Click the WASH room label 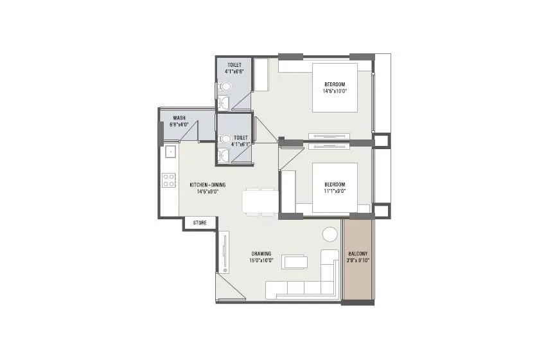[179, 118]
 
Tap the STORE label [200, 222]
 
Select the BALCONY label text [357, 255]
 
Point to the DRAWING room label [261, 253]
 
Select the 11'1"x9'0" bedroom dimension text [335, 190]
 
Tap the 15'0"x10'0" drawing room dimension [261, 260]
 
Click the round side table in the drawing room [330, 234]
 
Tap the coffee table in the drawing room [295, 262]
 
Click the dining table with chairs [260, 201]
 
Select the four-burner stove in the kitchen [169, 180]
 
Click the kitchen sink [170, 153]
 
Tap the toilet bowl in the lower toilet [225, 139]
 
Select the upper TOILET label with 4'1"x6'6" [235, 68]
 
